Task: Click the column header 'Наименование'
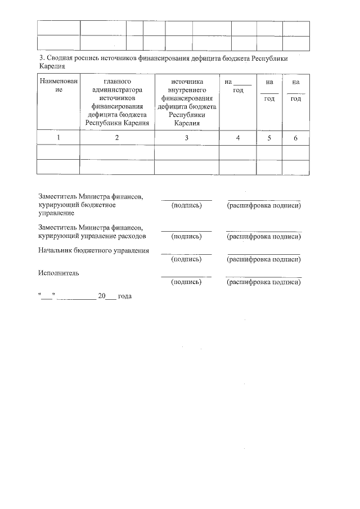pyautogui.click(x=58, y=85)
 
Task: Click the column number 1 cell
pyautogui.click(x=58, y=138)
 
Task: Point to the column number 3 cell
pyautogui.click(x=186, y=138)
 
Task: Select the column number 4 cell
pyautogui.click(x=237, y=138)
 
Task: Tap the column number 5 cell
pyautogui.click(x=269, y=138)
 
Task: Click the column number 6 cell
pyautogui.click(x=295, y=138)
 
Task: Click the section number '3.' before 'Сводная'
pyautogui.click(x=41, y=58)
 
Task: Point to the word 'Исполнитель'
pyautogui.click(x=58, y=273)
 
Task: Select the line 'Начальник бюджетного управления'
pyautogui.click(x=93, y=250)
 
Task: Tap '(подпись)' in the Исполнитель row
pyautogui.click(x=186, y=282)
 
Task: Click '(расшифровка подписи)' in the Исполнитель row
pyautogui.click(x=263, y=282)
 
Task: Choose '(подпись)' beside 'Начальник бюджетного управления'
pyautogui.click(x=186, y=259)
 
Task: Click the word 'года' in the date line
pyautogui.click(x=124, y=296)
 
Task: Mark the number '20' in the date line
pyautogui.click(x=102, y=296)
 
